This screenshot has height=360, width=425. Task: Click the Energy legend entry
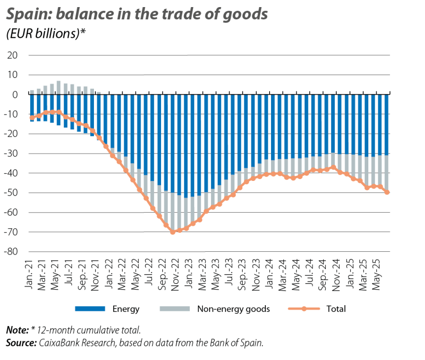[x=126, y=309]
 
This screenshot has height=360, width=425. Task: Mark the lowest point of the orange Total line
[x=172, y=232]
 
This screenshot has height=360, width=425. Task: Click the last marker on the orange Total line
[x=387, y=192]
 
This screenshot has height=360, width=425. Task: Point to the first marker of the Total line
[x=32, y=118]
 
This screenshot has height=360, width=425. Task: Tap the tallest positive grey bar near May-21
[x=59, y=87]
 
